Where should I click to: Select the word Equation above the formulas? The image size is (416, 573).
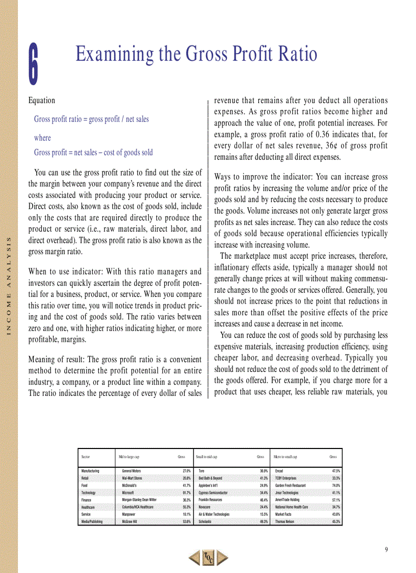(42, 101)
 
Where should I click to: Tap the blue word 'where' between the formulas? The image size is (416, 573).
(42, 138)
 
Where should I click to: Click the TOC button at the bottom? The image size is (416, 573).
(208, 557)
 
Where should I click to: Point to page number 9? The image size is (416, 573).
(386, 549)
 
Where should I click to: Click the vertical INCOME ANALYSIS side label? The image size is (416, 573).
(9, 288)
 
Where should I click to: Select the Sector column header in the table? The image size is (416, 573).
(86, 457)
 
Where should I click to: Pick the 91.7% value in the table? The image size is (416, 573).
(186, 493)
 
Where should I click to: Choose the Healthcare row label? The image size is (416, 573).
(88, 507)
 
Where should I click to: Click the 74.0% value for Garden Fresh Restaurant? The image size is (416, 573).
(335, 486)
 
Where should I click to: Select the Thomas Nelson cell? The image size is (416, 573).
(286, 521)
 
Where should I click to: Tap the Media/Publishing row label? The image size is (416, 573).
(92, 521)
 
